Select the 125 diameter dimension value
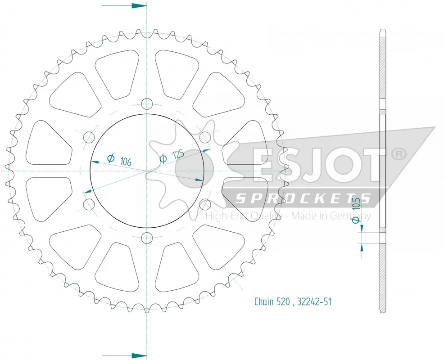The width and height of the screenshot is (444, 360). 178,153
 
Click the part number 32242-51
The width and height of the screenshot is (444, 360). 314,301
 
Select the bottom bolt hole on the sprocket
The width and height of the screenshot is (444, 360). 147,237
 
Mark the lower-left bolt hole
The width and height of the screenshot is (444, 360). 89,204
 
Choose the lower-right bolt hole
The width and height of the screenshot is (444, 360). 204,204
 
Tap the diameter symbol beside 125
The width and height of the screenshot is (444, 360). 163,158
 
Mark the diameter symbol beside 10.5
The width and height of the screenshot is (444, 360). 355,220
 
